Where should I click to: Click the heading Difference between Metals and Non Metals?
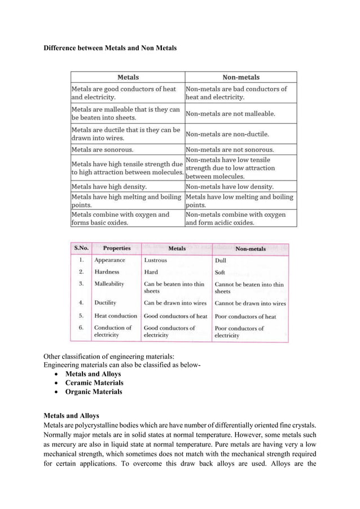[x=110, y=49]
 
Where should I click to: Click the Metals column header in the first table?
[x=128, y=77]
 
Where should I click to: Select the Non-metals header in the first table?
[x=240, y=77]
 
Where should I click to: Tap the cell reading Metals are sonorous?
[x=102, y=150]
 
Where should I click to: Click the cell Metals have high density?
[x=109, y=186]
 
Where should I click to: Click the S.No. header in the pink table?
[x=81, y=248]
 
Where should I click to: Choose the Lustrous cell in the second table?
[x=155, y=261]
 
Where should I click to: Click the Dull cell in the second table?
[x=221, y=261]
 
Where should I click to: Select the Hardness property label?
[x=107, y=272]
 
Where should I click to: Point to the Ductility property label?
[x=106, y=303]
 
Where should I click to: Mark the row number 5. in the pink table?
[x=82, y=316]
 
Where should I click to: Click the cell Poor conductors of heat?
[x=245, y=317]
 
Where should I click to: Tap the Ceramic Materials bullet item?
[x=94, y=383]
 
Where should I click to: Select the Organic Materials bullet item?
[x=93, y=392]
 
